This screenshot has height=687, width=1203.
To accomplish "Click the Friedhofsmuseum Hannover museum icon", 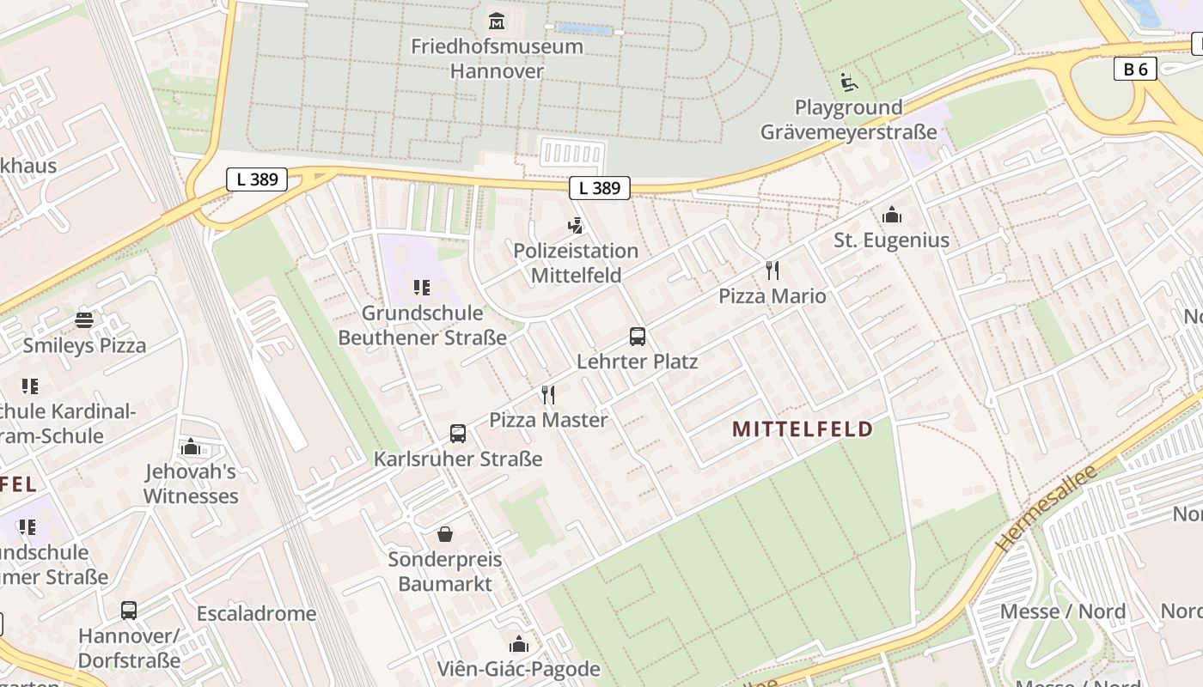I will coord(497,21).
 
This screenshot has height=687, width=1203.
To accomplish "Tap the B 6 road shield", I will coord(1135,70).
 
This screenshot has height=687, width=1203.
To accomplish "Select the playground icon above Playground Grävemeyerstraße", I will coord(849,82).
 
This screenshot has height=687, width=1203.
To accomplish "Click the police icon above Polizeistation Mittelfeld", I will coord(576,226).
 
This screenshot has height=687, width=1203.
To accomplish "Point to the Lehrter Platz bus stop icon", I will coord(637,337).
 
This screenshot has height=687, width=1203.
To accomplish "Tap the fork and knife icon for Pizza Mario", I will coord(772,271).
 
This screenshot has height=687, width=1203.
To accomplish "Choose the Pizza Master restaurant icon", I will coord(548,395).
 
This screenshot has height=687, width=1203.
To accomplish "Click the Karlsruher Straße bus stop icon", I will coord(458,434).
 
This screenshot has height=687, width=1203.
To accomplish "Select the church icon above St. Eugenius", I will coord(892,215).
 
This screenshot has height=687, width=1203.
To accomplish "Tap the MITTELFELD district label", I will coord(803,429).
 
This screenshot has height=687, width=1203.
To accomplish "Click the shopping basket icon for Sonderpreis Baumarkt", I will coord(445,534).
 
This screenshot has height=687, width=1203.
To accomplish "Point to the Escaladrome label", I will coord(256,614).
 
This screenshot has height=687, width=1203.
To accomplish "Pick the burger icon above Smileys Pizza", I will coord(84,320).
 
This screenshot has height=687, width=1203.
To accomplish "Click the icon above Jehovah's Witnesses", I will coord(191,447).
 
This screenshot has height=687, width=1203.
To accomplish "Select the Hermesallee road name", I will coord(1047,508).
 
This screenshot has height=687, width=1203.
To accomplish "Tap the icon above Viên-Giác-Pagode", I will coord(519,644).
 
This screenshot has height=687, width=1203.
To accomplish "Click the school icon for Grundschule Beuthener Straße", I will coord(421,287).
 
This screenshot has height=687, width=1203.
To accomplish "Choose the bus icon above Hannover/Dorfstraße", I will coord(129,611).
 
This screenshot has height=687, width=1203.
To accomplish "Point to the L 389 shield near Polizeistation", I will coord(599,188).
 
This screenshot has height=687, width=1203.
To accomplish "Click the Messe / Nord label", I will coord(1063,611).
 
